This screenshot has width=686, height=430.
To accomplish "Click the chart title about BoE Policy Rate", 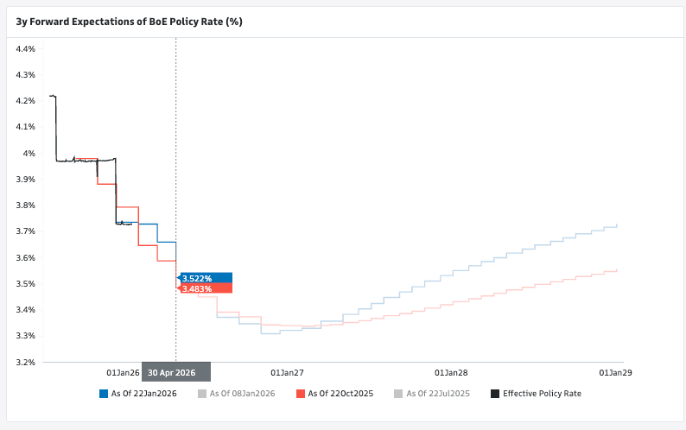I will click(129, 21).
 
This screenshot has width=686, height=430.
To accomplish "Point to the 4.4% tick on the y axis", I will click(26, 49).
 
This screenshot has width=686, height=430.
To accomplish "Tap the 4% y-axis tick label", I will click(29, 154).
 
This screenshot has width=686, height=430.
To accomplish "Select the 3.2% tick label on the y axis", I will click(26, 363).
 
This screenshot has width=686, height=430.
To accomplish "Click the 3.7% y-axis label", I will click(26, 231).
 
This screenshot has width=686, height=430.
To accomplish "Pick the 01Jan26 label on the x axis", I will click(123, 373).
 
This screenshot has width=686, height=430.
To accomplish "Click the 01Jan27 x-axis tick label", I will click(287, 373).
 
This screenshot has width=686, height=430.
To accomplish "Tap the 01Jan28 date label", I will click(451, 373).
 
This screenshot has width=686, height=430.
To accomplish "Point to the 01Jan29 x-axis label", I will click(614, 373).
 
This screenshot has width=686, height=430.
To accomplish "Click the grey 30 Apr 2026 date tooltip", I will click(176, 373).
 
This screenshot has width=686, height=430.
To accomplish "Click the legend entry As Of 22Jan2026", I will click(143, 394).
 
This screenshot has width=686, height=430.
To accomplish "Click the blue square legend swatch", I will click(104, 394).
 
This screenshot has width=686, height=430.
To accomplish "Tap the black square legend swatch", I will click(495, 394).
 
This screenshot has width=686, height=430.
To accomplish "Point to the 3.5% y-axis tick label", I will click(26, 284).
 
